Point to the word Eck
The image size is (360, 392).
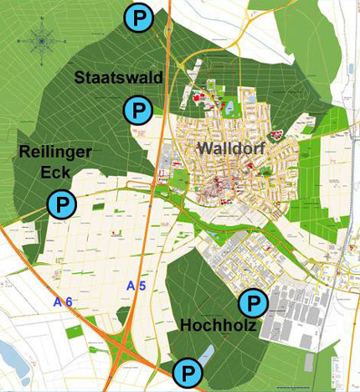click(x=55, y=173)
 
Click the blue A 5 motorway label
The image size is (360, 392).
click(x=136, y=287)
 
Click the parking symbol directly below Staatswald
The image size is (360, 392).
click(x=136, y=108)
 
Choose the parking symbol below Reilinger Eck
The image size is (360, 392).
click(x=60, y=204)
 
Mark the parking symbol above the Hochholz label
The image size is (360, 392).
click(x=252, y=302)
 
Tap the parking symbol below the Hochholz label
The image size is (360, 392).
click(x=188, y=371)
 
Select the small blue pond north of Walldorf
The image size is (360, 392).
click(x=229, y=107)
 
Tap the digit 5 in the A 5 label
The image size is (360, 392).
click(x=141, y=287)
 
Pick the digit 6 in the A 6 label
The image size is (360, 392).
click(x=65, y=301)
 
